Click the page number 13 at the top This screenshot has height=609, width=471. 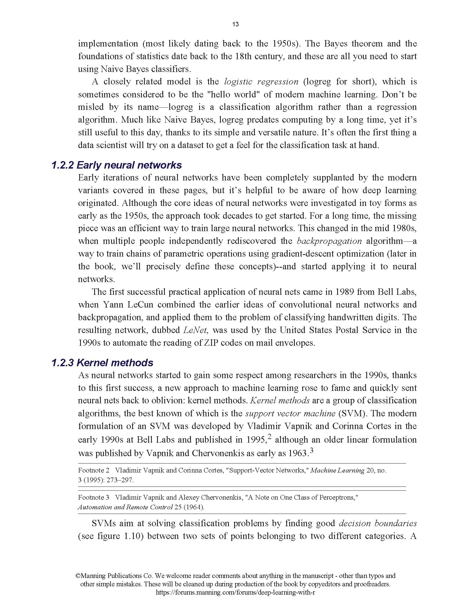click(235, 24)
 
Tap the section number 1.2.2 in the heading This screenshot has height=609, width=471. click(63, 165)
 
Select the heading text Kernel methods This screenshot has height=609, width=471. click(115, 363)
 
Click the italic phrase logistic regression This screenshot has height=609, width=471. click(261, 81)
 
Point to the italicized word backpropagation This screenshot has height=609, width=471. click(329, 241)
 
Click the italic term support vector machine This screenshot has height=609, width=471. click(290, 413)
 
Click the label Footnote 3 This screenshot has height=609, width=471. click(93, 497)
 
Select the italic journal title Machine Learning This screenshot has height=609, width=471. click(337, 470)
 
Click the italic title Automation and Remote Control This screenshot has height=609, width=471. click(125, 507)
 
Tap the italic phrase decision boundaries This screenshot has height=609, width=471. click(378, 523)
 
